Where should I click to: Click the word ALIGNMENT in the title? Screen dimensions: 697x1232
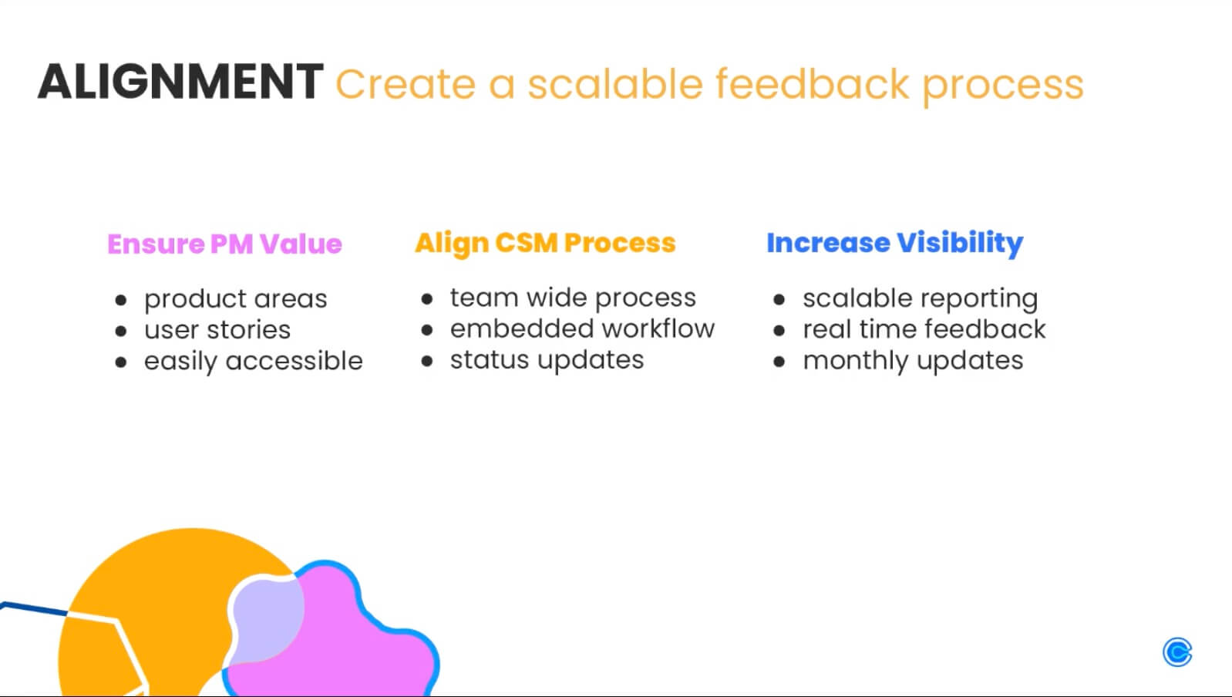180,82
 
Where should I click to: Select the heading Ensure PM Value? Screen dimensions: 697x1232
224,244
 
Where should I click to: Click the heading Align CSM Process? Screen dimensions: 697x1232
545,243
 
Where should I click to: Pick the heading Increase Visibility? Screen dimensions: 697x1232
894,243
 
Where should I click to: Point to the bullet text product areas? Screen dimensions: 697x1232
235,299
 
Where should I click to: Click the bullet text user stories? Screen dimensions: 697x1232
217,330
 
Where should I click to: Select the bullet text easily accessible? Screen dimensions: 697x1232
253,361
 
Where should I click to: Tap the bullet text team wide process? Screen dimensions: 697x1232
573,298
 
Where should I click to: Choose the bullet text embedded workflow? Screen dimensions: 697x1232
582,328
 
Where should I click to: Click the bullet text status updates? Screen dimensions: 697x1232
547,360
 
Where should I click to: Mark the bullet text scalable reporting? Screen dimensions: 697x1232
920,298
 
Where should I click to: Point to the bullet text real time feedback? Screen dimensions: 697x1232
924,329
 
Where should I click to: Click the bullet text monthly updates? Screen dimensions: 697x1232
913,361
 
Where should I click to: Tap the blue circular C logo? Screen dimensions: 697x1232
1176,652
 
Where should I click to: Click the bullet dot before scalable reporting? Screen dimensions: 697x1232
779,299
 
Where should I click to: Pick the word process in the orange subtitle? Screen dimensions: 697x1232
1002,85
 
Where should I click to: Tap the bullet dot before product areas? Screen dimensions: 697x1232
120,300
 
